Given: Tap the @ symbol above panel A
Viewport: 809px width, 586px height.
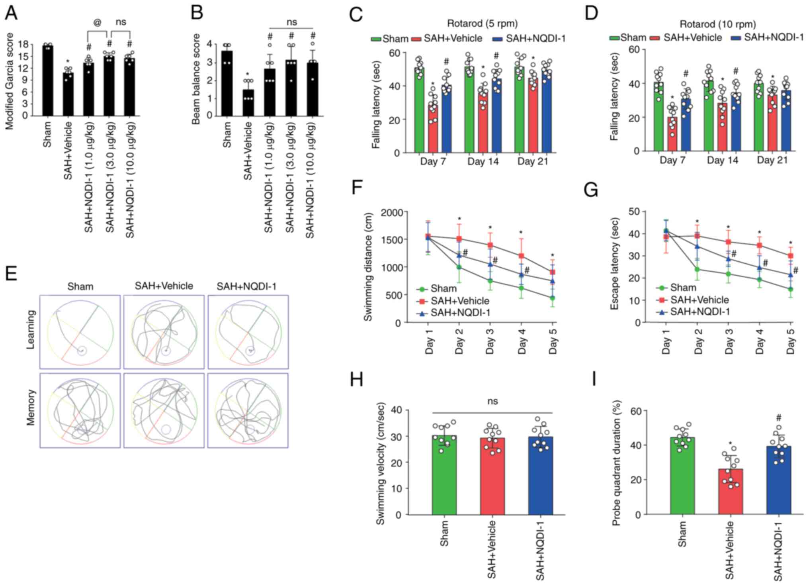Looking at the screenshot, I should tap(97, 23).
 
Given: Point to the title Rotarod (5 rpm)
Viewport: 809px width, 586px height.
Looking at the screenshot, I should tap(482, 24).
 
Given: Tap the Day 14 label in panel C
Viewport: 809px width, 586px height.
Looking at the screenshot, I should tap(483, 162).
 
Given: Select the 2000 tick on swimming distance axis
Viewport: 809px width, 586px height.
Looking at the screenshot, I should tap(392, 212).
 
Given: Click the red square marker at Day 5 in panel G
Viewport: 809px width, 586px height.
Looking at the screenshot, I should tap(790, 256).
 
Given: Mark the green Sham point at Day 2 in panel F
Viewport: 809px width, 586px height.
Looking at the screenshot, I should tap(459, 267).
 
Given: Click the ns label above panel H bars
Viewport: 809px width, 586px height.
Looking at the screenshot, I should tap(492, 401).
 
